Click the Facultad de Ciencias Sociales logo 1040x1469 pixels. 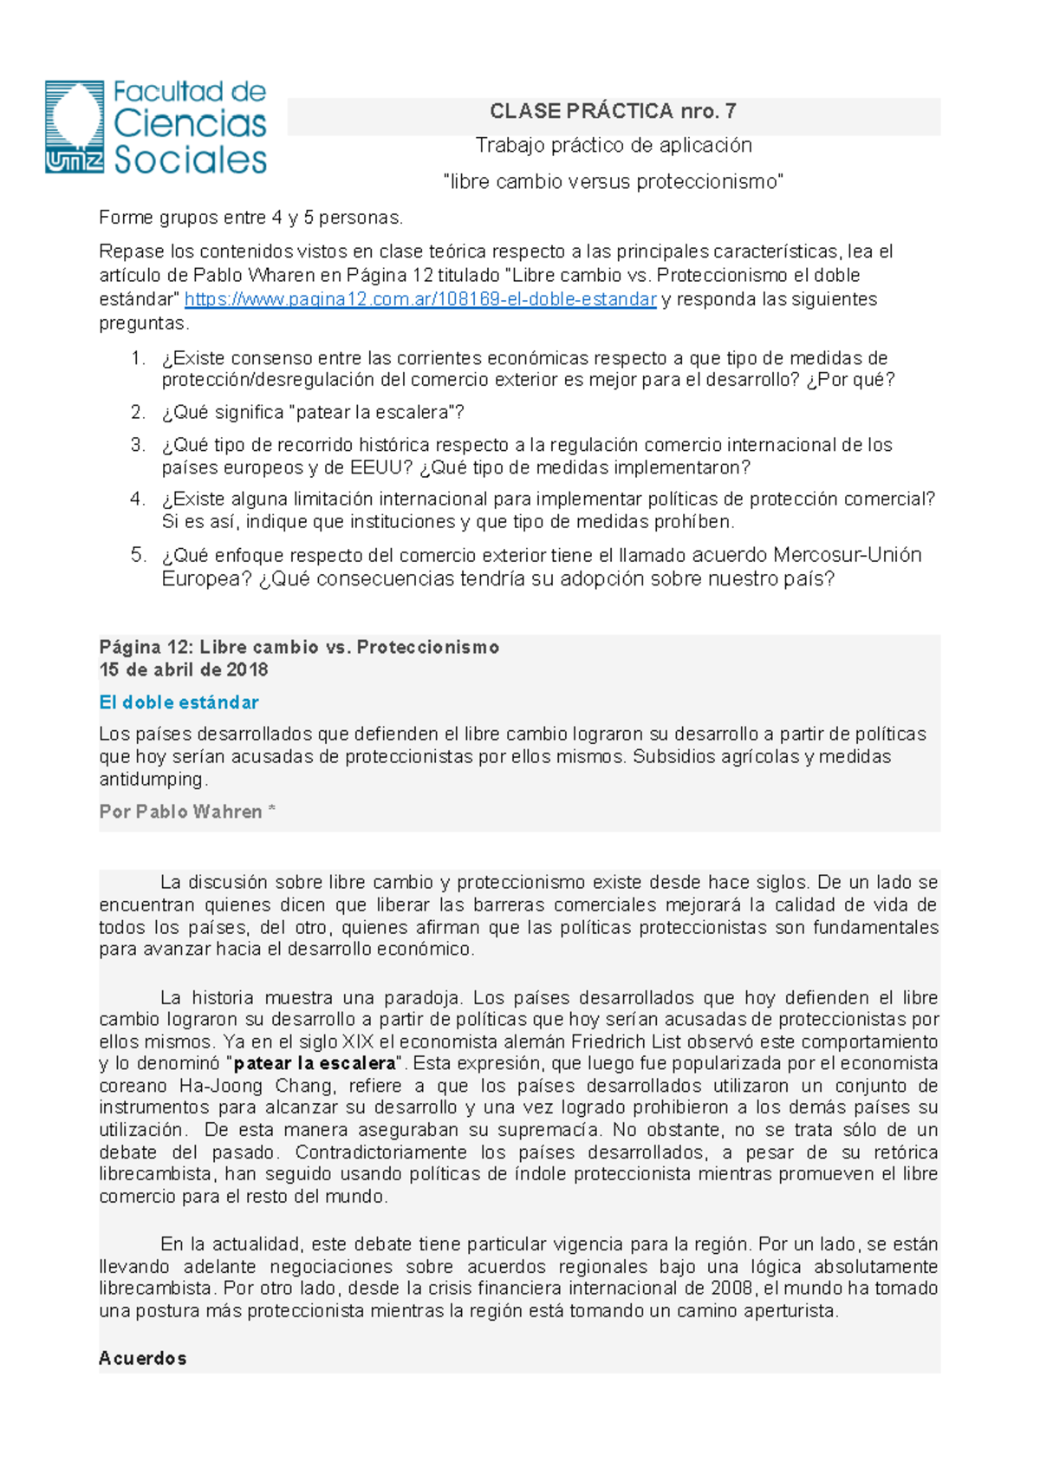[x=156, y=127]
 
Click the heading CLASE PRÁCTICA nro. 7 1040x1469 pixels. [x=613, y=111]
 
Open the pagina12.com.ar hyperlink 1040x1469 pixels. [x=420, y=299]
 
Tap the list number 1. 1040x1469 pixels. [x=138, y=358]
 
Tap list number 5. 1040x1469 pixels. [x=138, y=555]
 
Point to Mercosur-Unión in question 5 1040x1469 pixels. [x=847, y=555]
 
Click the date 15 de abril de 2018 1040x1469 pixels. [x=184, y=669]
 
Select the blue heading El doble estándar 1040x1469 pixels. [x=179, y=702]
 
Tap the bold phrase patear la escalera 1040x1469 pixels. [x=315, y=1063]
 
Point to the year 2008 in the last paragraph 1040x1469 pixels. [x=732, y=1288]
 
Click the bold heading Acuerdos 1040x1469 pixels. [x=142, y=1358]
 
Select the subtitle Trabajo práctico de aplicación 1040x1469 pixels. [x=613, y=146]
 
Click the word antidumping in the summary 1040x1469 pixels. [x=152, y=779]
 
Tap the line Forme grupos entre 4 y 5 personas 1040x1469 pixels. [x=251, y=217]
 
